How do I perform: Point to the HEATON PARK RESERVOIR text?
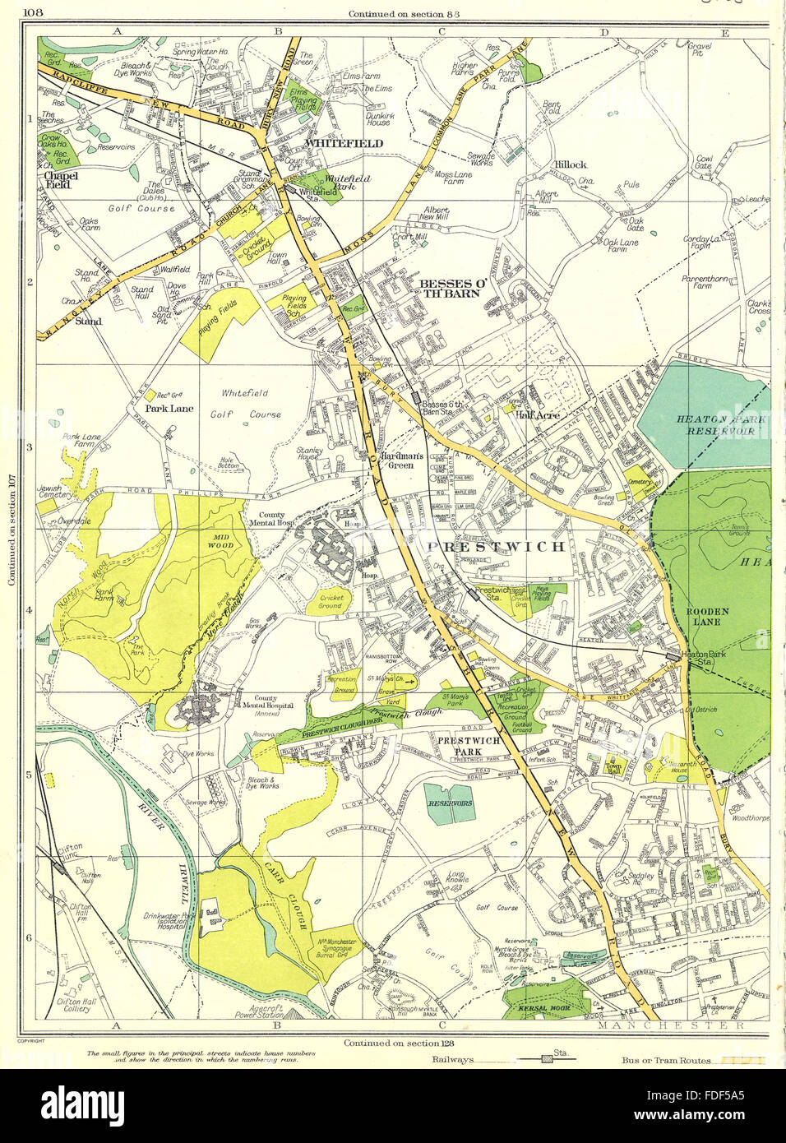tap(720, 425)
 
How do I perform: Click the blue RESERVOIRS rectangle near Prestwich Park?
tap(450, 803)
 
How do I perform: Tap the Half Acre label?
tap(538, 416)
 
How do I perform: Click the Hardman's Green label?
tap(400, 460)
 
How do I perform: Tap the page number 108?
tap(35, 12)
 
